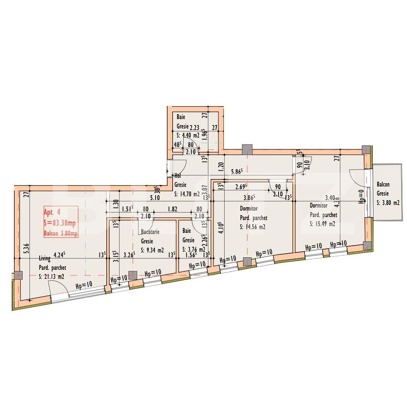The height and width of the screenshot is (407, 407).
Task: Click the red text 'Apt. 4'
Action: (x=52, y=212)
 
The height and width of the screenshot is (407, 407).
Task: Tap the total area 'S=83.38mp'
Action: (x=61, y=222)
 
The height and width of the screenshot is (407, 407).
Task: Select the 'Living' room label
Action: (x=44, y=259)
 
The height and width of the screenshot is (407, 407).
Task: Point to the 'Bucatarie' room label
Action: (x=150, y=232)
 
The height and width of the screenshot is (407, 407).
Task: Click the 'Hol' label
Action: (x=178, y=176)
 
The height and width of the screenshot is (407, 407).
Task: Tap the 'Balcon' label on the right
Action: (x=383, y=185)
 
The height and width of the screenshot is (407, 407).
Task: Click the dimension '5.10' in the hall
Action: (x=155, y=197)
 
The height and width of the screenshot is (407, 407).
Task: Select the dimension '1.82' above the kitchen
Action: (x=173, y=210)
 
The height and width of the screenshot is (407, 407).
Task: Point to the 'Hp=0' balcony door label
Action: (x=361, y=196)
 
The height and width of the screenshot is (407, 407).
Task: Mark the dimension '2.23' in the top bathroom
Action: (x=194, y=128)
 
